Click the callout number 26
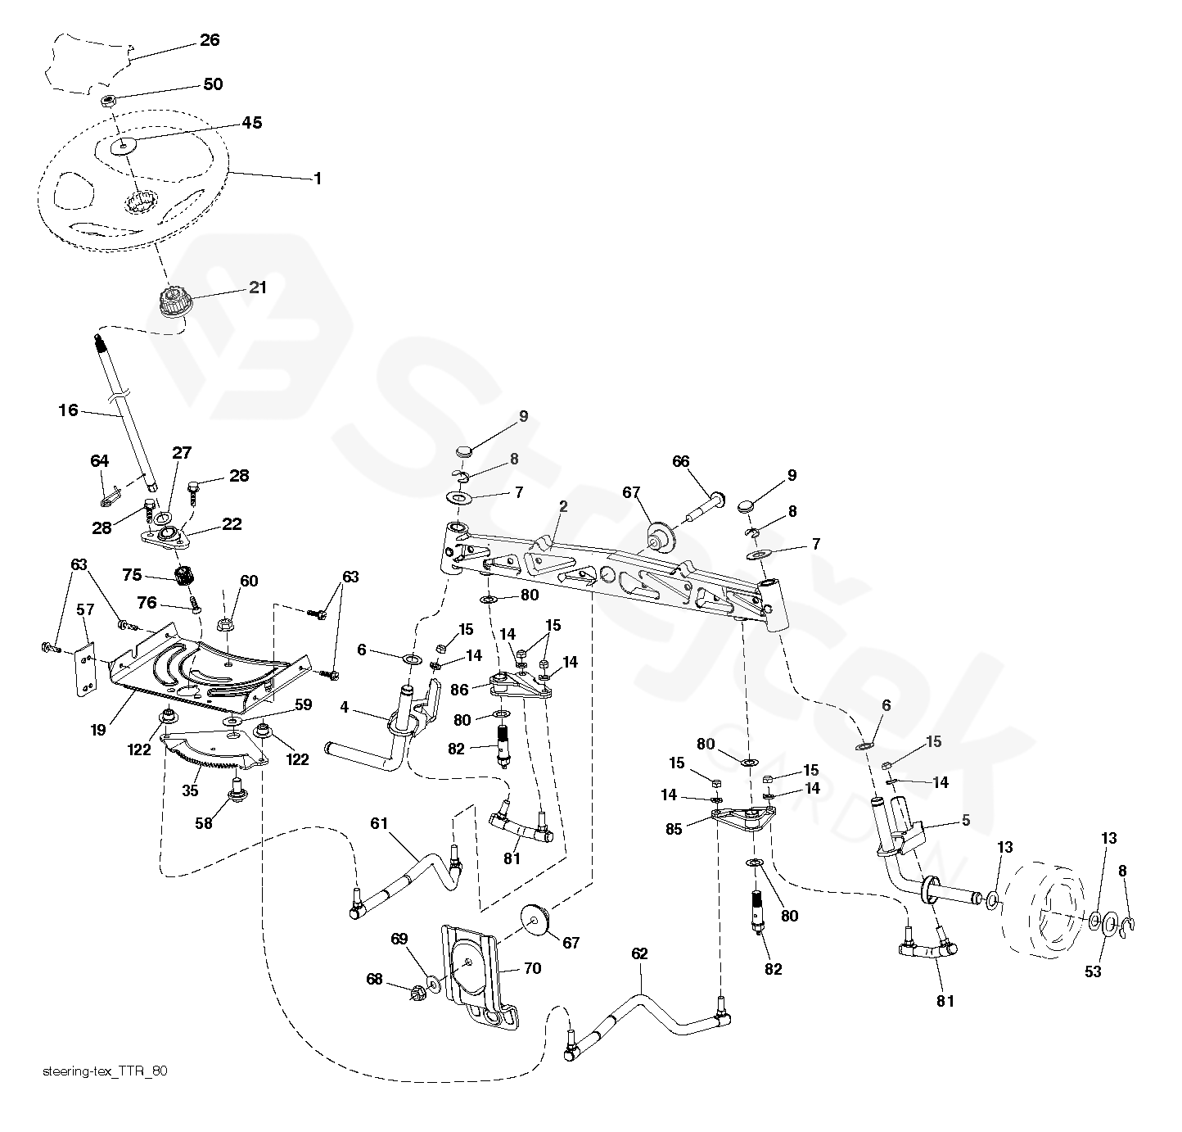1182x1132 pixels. point(210,40)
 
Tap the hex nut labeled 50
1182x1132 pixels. point(108,100)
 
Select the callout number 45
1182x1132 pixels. point(252,123)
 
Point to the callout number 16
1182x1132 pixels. point(69,410)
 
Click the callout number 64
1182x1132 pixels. point(100,461)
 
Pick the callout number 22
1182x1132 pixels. point(232,524)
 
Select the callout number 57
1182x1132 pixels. point(85,609)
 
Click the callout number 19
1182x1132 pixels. point(98,730)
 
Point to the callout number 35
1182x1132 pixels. point(190,790)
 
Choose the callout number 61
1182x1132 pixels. point(379,823)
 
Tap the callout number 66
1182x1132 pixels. point(681,462)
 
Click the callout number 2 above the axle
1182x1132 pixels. point(563,507)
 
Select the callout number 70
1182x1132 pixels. point(533,968)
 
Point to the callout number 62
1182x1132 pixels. point(639,954)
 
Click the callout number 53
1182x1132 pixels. point(1093,972)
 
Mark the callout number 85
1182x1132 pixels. point(674,830)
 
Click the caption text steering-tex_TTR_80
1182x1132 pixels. point(105,1071)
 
